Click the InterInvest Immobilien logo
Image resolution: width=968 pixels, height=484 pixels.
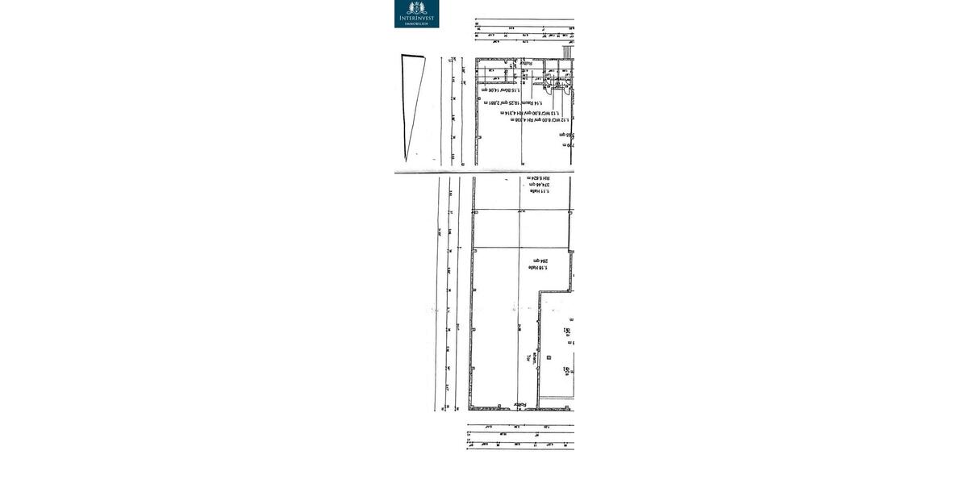pyautogui.click(x=416, y=14)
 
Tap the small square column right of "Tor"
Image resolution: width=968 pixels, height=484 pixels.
pyautogui.click(x=549, y=357)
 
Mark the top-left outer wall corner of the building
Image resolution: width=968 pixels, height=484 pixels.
pyautogui.click(x=476, y=59)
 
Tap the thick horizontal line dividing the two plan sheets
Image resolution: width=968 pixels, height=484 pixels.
pyautogui.click(x=484, y=172)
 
